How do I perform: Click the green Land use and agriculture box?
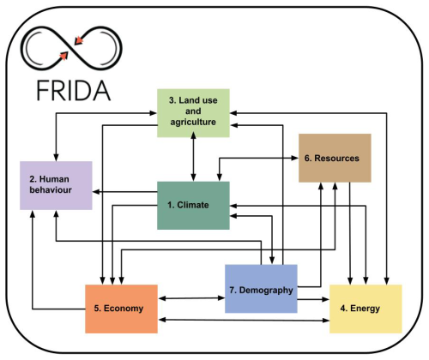[193, 113]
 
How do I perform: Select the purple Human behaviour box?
[56, 185]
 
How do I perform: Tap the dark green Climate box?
[193, 206]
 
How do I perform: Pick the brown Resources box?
[335, 158]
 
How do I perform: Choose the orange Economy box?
[121, 309]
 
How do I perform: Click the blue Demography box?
[261, 289]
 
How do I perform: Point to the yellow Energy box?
[366, 309]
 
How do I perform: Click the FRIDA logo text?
[74, 90]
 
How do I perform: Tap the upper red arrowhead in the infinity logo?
[78, 40]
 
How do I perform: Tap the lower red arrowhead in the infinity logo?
[63, 56]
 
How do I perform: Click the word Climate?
[193, 205]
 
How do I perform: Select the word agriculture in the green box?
[193, 122]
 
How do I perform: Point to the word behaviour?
[51, 190]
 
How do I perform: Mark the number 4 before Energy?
[343, 309]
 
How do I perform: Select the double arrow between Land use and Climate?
[194, 156]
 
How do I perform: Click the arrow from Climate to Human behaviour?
[125, 192]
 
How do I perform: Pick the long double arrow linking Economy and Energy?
[244, 320]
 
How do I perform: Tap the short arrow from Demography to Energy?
[313, 299]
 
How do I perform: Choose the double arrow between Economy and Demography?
[191, 298]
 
